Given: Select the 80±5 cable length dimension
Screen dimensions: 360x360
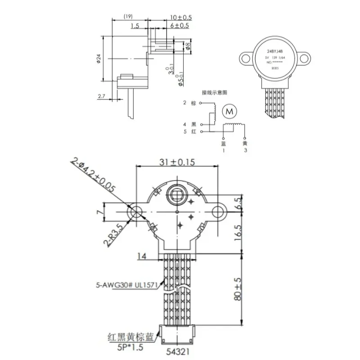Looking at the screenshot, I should pyautogui.click(x=238, y=289).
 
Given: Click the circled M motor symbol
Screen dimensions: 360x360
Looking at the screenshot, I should pyautogui.click(x=230, y=111).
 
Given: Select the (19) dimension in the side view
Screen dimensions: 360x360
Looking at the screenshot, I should pyautogui.click(x=127, y=17).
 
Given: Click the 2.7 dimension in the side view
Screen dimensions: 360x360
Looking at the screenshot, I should pyautogui.click(x=102, y=96).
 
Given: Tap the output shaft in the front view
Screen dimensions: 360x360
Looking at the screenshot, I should pyautogui.click(x=176, y=194).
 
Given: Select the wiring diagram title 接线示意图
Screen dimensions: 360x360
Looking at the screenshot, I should pyautogui.click(x=215, y=92).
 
